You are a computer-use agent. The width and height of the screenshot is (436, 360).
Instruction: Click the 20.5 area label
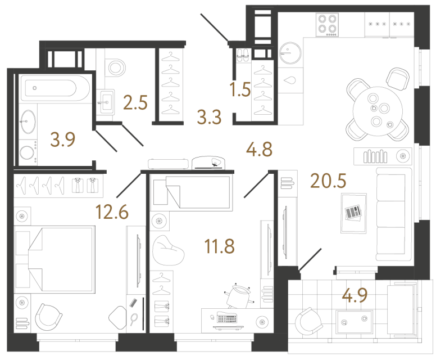(x=328, y=181)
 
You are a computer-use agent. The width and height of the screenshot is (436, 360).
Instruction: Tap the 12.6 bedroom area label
(x=113, y=213)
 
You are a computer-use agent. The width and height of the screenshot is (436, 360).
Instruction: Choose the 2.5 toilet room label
(x=135, y=102)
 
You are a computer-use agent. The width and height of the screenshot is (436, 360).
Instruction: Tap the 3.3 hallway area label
(x=210, y=118)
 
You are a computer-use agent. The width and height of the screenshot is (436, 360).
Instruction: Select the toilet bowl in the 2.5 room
(x=116, y=67)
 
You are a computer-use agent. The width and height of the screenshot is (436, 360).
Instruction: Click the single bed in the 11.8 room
(x=191, y=191)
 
